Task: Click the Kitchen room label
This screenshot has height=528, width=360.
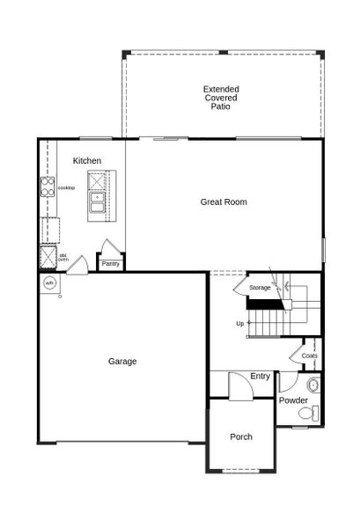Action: (87, 160)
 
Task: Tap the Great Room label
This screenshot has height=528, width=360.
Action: (223, 202)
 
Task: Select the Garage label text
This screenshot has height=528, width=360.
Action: (122, 361)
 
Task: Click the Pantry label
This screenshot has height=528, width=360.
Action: (110, 263)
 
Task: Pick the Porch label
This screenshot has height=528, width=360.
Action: (240, 436)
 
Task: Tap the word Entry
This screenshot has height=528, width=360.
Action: (260, 377)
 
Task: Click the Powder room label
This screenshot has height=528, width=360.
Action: (294, 400)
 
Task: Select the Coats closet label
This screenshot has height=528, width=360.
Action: (309, 356)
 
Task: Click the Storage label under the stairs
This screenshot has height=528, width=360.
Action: (260, 288)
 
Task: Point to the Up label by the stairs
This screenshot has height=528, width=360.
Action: (240, 323)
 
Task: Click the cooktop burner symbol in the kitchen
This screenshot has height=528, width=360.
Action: (47, 188)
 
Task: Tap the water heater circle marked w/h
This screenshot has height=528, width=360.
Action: (49, 282)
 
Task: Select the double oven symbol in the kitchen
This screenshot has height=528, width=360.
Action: (47, 258)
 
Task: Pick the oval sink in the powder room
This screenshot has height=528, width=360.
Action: (313, 385)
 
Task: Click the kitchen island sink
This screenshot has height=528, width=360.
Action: (96, 209)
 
